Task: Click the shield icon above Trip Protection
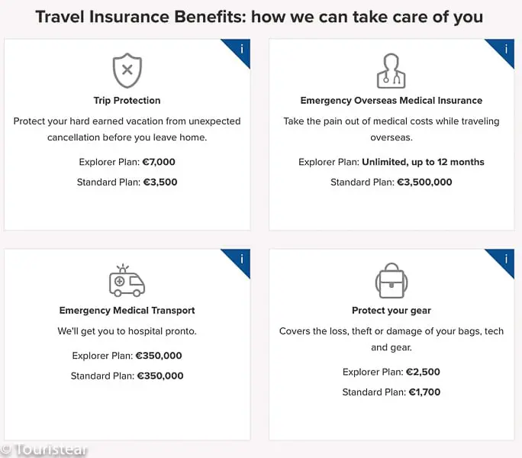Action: tap(127, 71)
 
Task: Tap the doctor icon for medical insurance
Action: tap(391, 71)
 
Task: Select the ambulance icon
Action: tap(127, 280)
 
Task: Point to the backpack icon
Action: tap(391, 280)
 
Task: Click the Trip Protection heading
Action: tap(127, 100)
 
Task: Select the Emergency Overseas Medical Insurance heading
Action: tap(391, 100)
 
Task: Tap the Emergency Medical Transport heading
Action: tap(127, 311)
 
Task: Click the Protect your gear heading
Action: tap(391, 311)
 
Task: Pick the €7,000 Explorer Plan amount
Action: tap(159, 162)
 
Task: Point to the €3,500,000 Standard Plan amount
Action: tap(424, 182)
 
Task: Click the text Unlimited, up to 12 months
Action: tap(423, 162)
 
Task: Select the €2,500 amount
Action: tap(423, 372)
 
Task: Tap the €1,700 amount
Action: tap(424, 392)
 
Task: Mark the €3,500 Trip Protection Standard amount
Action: tap(160, 182)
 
